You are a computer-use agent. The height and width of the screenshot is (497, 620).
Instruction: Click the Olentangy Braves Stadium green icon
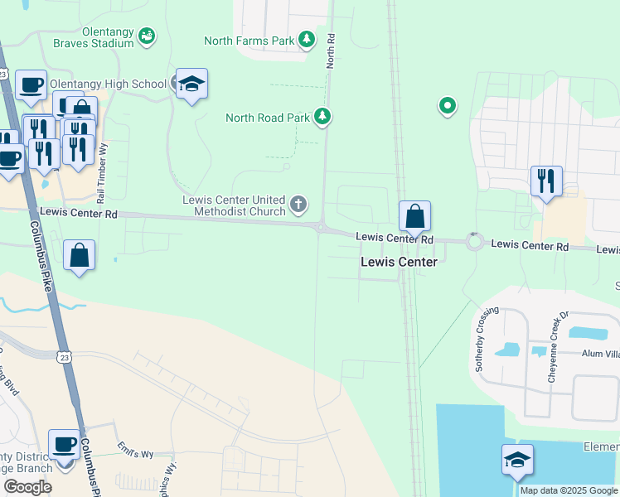147,35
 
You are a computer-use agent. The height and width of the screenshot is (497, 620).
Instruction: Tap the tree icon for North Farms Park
307,40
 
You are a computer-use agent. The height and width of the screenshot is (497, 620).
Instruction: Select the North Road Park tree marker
322,118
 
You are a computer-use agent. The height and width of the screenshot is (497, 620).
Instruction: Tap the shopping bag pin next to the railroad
415,217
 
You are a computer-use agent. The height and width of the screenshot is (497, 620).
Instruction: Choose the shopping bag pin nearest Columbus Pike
79,256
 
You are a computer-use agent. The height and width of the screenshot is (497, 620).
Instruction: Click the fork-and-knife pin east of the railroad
546,181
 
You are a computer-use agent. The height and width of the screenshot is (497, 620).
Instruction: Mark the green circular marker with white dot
448,105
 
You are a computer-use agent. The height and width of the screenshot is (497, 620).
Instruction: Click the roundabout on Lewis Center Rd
475,242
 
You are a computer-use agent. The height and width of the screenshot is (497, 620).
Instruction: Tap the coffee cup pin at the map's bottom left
64,446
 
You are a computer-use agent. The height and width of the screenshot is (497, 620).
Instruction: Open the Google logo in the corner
28,487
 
